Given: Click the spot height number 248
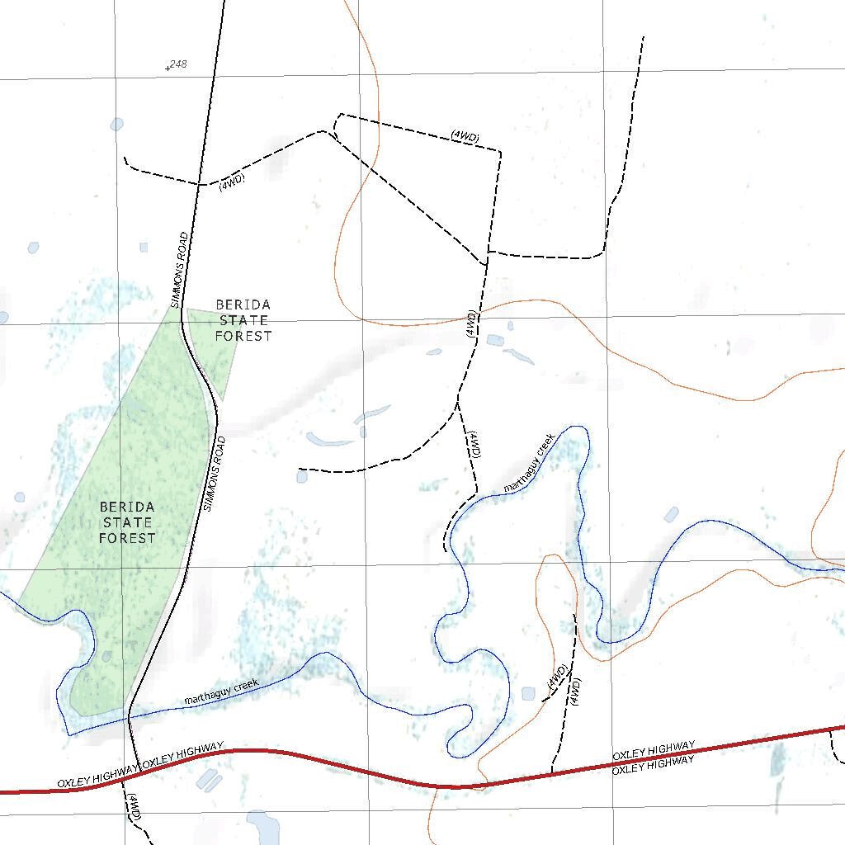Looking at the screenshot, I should tap(178, 64).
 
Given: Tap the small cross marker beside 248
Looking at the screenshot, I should tap(168, 68).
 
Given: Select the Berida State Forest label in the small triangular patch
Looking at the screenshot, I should tap(243, 320).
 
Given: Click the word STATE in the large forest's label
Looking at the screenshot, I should tap(127, 522).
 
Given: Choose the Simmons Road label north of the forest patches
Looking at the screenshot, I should tap(179, 270).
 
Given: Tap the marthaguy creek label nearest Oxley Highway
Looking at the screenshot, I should tap(221, 692).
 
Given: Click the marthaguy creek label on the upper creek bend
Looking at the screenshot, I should tap(530, 467).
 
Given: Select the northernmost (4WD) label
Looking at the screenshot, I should tap(465, 136).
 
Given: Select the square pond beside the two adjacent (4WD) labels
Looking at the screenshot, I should tap(528, 693).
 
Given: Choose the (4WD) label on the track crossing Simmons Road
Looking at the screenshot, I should tap(232, 183).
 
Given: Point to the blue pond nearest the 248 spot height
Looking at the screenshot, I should tap(116, 125).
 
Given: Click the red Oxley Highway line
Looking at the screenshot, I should tap(330, 763).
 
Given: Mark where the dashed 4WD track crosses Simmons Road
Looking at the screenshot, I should tap(197, 184).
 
